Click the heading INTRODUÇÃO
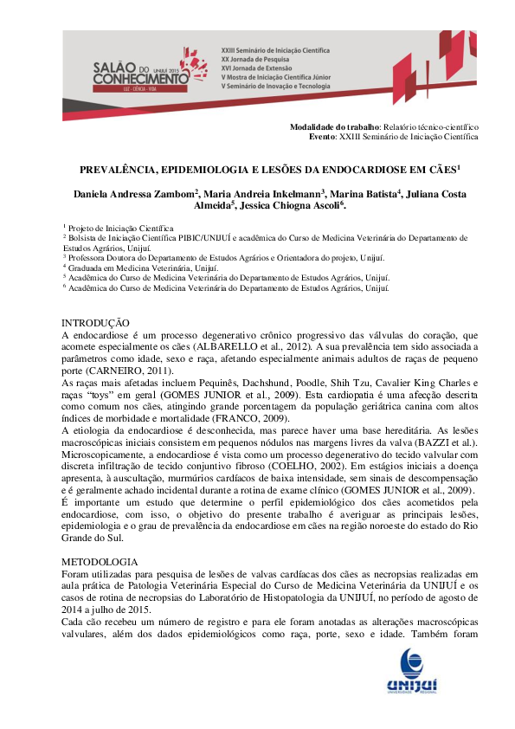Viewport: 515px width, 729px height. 95,322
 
